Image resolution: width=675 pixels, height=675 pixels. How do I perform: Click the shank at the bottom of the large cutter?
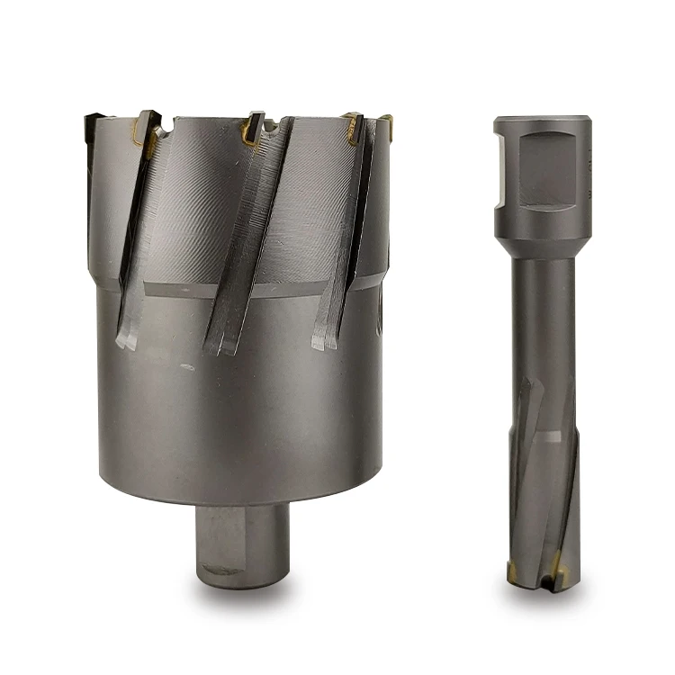pos(242,540)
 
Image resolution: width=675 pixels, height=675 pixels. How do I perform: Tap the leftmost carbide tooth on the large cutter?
pos(145,126)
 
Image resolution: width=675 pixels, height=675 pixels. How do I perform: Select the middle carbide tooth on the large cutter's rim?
pos(253,128)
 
